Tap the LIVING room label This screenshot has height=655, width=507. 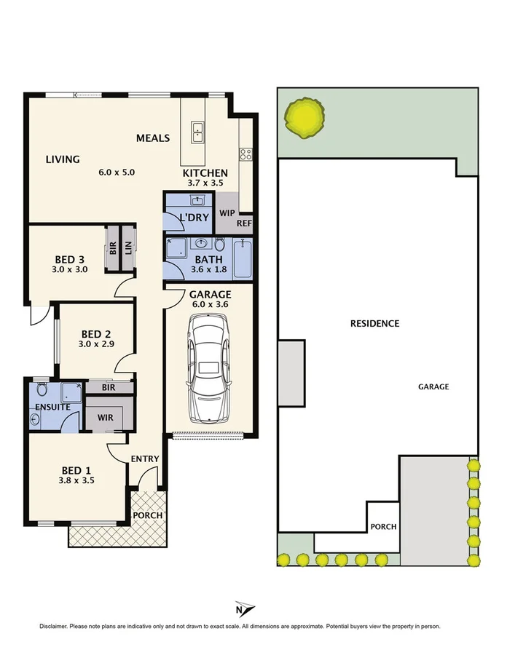pyautogui.click(x=62, y=159)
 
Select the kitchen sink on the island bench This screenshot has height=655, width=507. pyautogui.click(x=197, y=132)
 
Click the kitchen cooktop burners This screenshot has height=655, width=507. pyautogui.click(x=245, y=154)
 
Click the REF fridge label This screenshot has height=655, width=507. pyautogui.click(x=244, y=223)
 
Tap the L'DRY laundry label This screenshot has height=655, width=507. pyautogui.click(x=194, y=217)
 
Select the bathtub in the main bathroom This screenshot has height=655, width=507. pyautogui.click(x=243, y=260)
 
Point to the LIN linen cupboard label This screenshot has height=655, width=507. pyautogui.click(x=127, y=248)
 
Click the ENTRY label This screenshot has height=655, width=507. pyautogui.click(x=145, y=458)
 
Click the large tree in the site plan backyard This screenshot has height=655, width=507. pyautogui.click(x=304, y=118)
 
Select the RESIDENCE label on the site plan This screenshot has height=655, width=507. pyautogui.click(x=374, y=323)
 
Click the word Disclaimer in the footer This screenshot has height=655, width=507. pyautogui.click(x=52, y=626)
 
